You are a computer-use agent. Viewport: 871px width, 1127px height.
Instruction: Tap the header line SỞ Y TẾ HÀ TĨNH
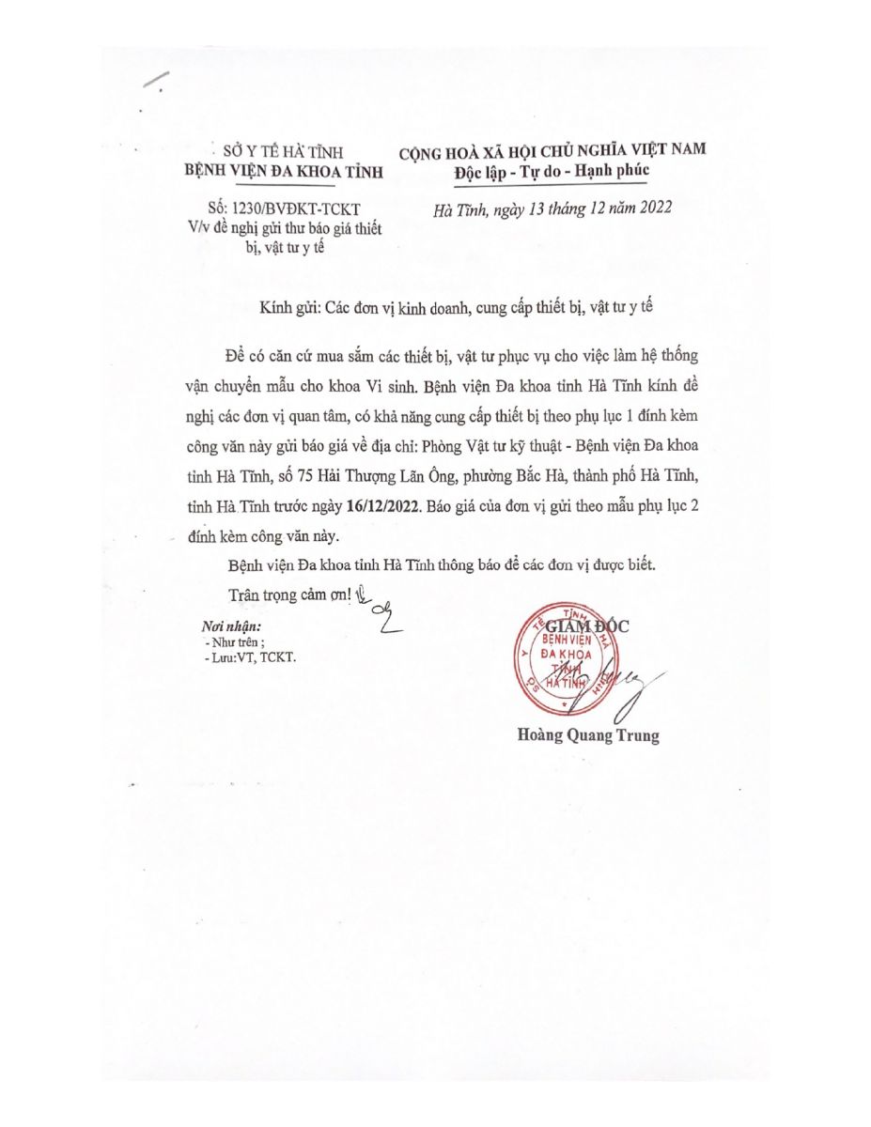click(x=283, y=150)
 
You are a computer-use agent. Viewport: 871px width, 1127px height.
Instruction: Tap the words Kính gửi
click(x=295, y=308)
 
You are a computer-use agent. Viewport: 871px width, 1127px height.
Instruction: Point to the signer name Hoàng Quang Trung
click(x=588, y=735)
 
